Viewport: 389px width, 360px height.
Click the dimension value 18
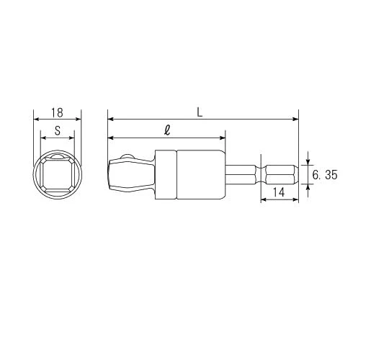58,113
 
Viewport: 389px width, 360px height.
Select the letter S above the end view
58,130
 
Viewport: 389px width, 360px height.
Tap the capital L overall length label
200,112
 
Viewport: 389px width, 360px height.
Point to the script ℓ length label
167,130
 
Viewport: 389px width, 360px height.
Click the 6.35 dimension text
325,175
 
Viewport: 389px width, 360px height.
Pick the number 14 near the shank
279,192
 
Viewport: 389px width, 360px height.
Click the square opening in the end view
58,174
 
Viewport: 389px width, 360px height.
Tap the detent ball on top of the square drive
127,157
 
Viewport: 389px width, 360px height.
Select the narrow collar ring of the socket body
166,174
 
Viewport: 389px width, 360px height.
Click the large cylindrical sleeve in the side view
201,174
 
